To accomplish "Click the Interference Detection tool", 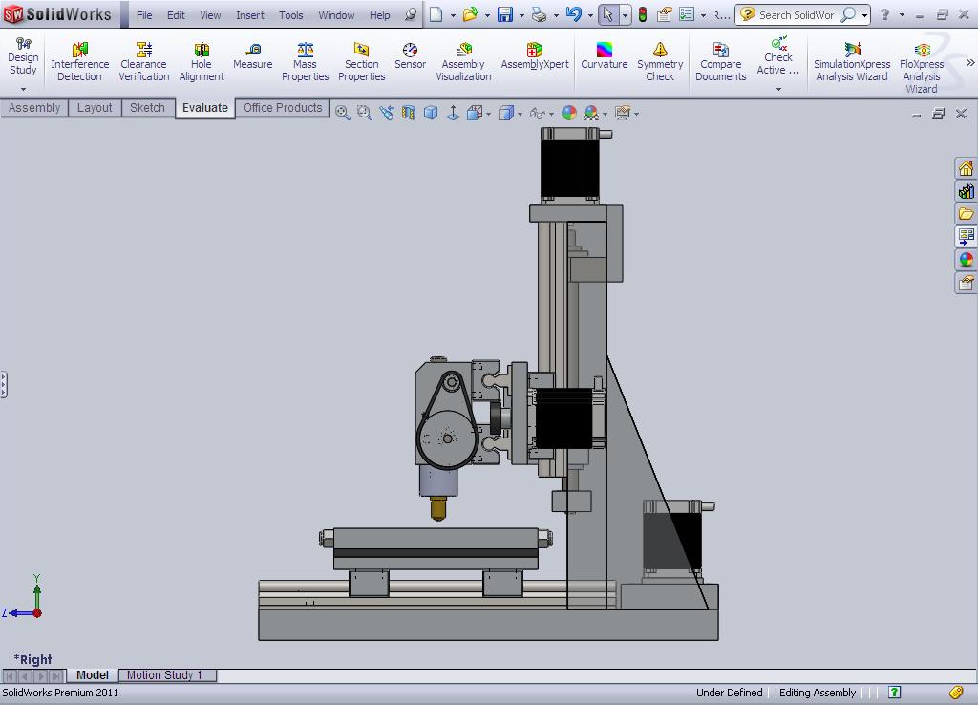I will (79, 61).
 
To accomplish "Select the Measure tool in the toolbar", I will (252, 56).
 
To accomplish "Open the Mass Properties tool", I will (305, 61).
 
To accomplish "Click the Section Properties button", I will (361, 61).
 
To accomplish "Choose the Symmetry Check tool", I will (660, 61).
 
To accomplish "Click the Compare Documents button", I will (720, 61).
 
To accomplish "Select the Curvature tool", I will (604, 56).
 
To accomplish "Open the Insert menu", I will (250, 15).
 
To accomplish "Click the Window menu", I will (336, 15).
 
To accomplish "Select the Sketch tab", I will (147, 108).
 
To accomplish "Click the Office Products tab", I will (283, 108).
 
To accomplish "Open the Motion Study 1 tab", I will (164, 675).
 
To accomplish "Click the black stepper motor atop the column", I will (570, 164).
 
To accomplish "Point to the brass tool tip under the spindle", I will (438, 508).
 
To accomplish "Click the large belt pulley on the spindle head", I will (447, 438).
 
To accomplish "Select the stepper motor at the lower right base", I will (671, 539).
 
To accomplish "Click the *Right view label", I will (33, 659).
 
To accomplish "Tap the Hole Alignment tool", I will (201, 61).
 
